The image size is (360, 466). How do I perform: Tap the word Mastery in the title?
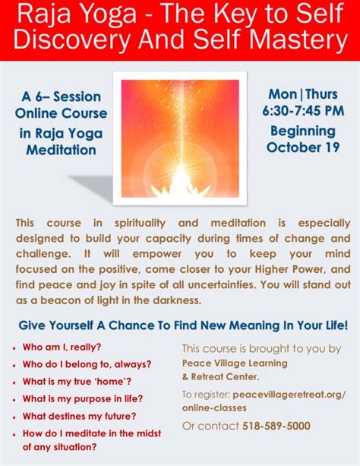[300, 40]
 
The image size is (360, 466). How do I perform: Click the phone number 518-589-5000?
[276, 426]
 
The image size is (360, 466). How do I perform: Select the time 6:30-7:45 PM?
[303, 111]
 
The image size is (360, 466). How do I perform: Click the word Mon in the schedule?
[283, 94]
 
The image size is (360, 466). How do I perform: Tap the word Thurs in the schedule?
[321, 94]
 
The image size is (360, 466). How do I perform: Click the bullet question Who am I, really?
[62, 347]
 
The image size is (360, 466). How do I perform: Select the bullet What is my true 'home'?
[77, 382]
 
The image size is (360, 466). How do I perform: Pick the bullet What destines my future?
[79, 416]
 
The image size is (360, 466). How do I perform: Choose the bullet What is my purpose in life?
[83, 399]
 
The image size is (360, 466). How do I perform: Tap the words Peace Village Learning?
[235, 363]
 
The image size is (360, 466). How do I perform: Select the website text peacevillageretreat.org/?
[289, 395]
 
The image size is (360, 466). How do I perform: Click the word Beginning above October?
[303, 131]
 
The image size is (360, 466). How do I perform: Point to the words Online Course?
[62, 113]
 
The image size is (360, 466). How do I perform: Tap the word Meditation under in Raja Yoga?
[62, 150]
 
